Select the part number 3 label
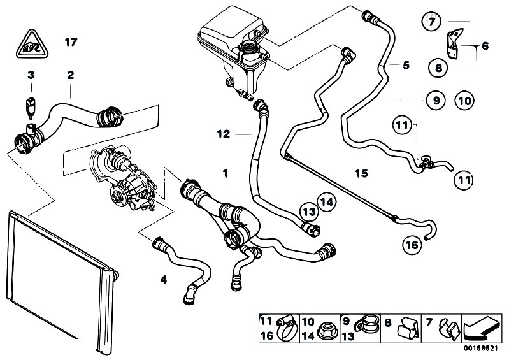[x=31, y=75]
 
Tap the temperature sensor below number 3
[x=30, y=107]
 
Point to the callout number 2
[x=71, y=75]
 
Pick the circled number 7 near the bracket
[x=431, y=22]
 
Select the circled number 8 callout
[x=438, y=68]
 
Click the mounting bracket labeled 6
[x=455, y=43]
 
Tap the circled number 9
[x=436, y=100]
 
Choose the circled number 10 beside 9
[x=464, y=101]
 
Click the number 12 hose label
[x=224, y=134]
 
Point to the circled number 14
[x=327, y=202]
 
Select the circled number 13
[x=309, y=212]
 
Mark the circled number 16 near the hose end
[x=412, y=245]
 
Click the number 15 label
[x=361, y=174]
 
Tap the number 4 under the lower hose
[x=164, y=279]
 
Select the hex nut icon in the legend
[x=327, y=331]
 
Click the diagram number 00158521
[x=480, y=349]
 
